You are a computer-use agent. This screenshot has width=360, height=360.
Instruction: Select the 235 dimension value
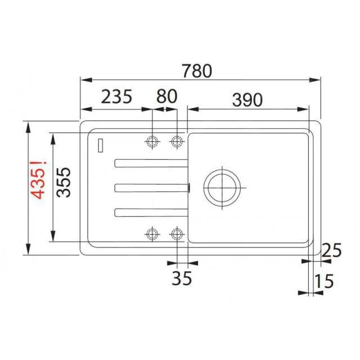116,97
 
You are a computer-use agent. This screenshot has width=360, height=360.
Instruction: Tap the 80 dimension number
166,97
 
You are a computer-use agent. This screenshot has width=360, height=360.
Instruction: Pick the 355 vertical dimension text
64,181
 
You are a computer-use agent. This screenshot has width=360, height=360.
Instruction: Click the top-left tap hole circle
152,141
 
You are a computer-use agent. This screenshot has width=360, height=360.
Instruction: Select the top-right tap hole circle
177,141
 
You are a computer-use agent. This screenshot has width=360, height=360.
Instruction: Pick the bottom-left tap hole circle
152,233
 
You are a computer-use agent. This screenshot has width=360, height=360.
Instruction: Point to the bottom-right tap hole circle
177,233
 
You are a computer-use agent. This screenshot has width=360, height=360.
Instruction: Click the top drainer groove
150,163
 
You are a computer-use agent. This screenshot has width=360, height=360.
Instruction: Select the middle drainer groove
150,187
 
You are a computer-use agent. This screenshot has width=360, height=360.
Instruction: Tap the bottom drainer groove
150,211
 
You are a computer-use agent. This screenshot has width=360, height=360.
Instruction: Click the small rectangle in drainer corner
100,145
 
